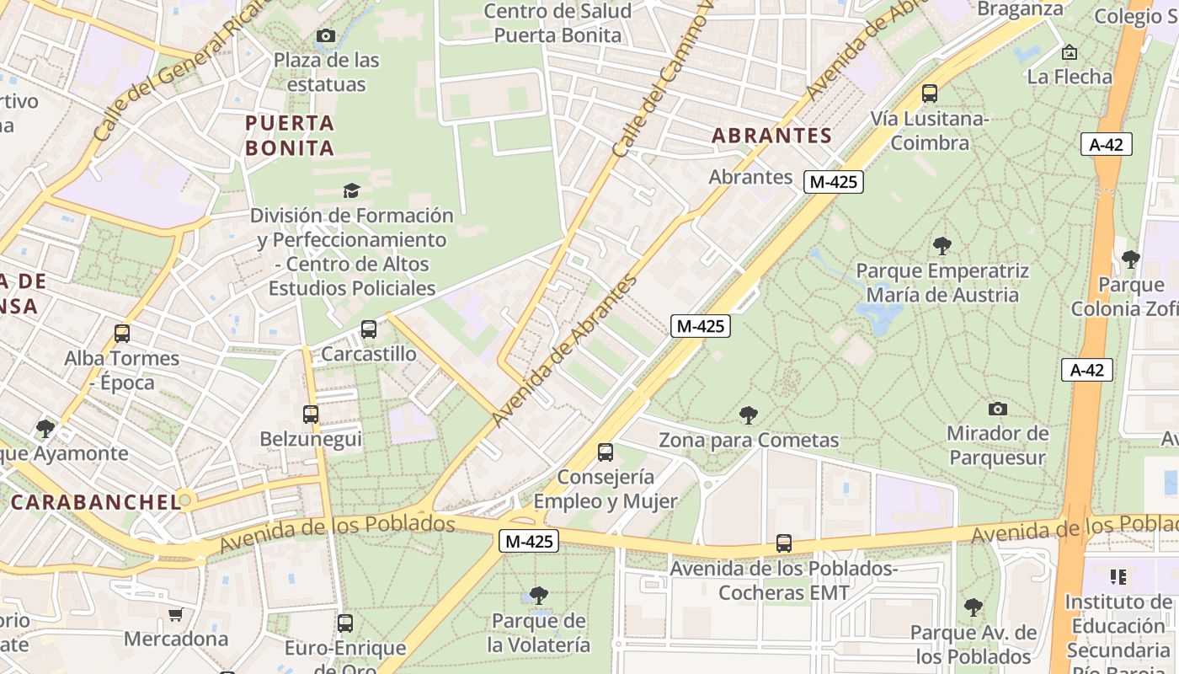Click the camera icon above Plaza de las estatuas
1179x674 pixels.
(x=326, y=35)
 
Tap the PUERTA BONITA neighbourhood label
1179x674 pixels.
(x=290, y=136)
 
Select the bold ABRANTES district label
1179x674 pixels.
(x=771, y=136)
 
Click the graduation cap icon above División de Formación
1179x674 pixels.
(x=351, y=191)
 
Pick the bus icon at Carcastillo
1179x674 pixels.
(x=369, y=329)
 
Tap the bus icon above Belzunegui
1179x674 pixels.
(x=311, y=415)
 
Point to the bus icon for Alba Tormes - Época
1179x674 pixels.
(x=122, y=334)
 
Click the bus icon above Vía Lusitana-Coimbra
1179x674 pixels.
(x=930, y=94)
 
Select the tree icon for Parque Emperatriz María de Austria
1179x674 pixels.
(x=942, y=246)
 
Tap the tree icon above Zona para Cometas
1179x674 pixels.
(x=748, y=415)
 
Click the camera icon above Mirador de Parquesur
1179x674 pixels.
(x=998, y=409)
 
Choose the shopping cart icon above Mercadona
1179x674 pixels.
(x=175, y=614)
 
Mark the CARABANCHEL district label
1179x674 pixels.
(x=95, y=502)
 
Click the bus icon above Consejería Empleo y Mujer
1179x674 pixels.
(x=606, y=452)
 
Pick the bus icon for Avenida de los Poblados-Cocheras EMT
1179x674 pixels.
(x=784, y=543)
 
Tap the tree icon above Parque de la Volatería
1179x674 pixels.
(x=539, y=596)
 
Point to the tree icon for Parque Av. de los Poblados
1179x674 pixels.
(x=974, y=607)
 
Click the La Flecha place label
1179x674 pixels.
(x=1070, y=77)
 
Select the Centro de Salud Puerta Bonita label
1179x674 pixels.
(x=557, y=24)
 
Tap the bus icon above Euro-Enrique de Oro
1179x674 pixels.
(x=345, y=623)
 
